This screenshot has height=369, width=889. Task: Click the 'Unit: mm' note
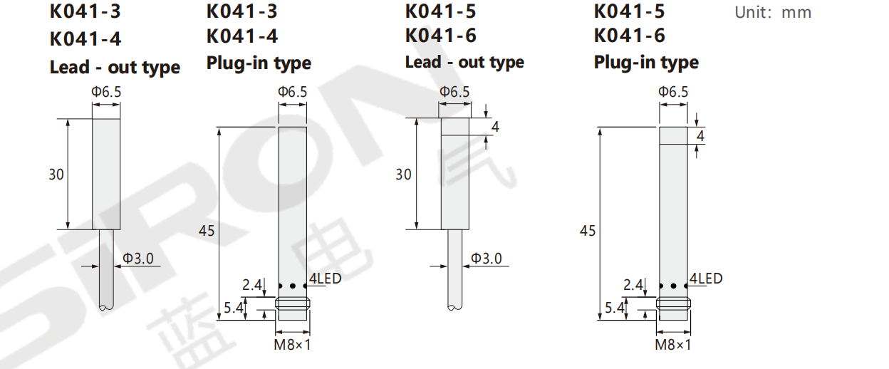(773, 12)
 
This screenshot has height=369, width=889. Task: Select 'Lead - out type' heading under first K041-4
(115, 67)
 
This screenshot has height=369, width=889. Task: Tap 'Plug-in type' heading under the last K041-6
(646, 63)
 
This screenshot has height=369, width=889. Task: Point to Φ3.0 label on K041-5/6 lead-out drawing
(486, 259)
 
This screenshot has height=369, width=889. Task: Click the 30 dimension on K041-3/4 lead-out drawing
(56, 175)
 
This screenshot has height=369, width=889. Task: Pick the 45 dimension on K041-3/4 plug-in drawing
(207, 231)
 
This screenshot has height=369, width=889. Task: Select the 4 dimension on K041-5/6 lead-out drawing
(495, 127)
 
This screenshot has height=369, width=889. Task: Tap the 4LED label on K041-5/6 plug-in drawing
(706, 278)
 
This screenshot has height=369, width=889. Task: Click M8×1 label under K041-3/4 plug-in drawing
(292, 344)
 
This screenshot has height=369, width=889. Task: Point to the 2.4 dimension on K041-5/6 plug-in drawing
(633, 285)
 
